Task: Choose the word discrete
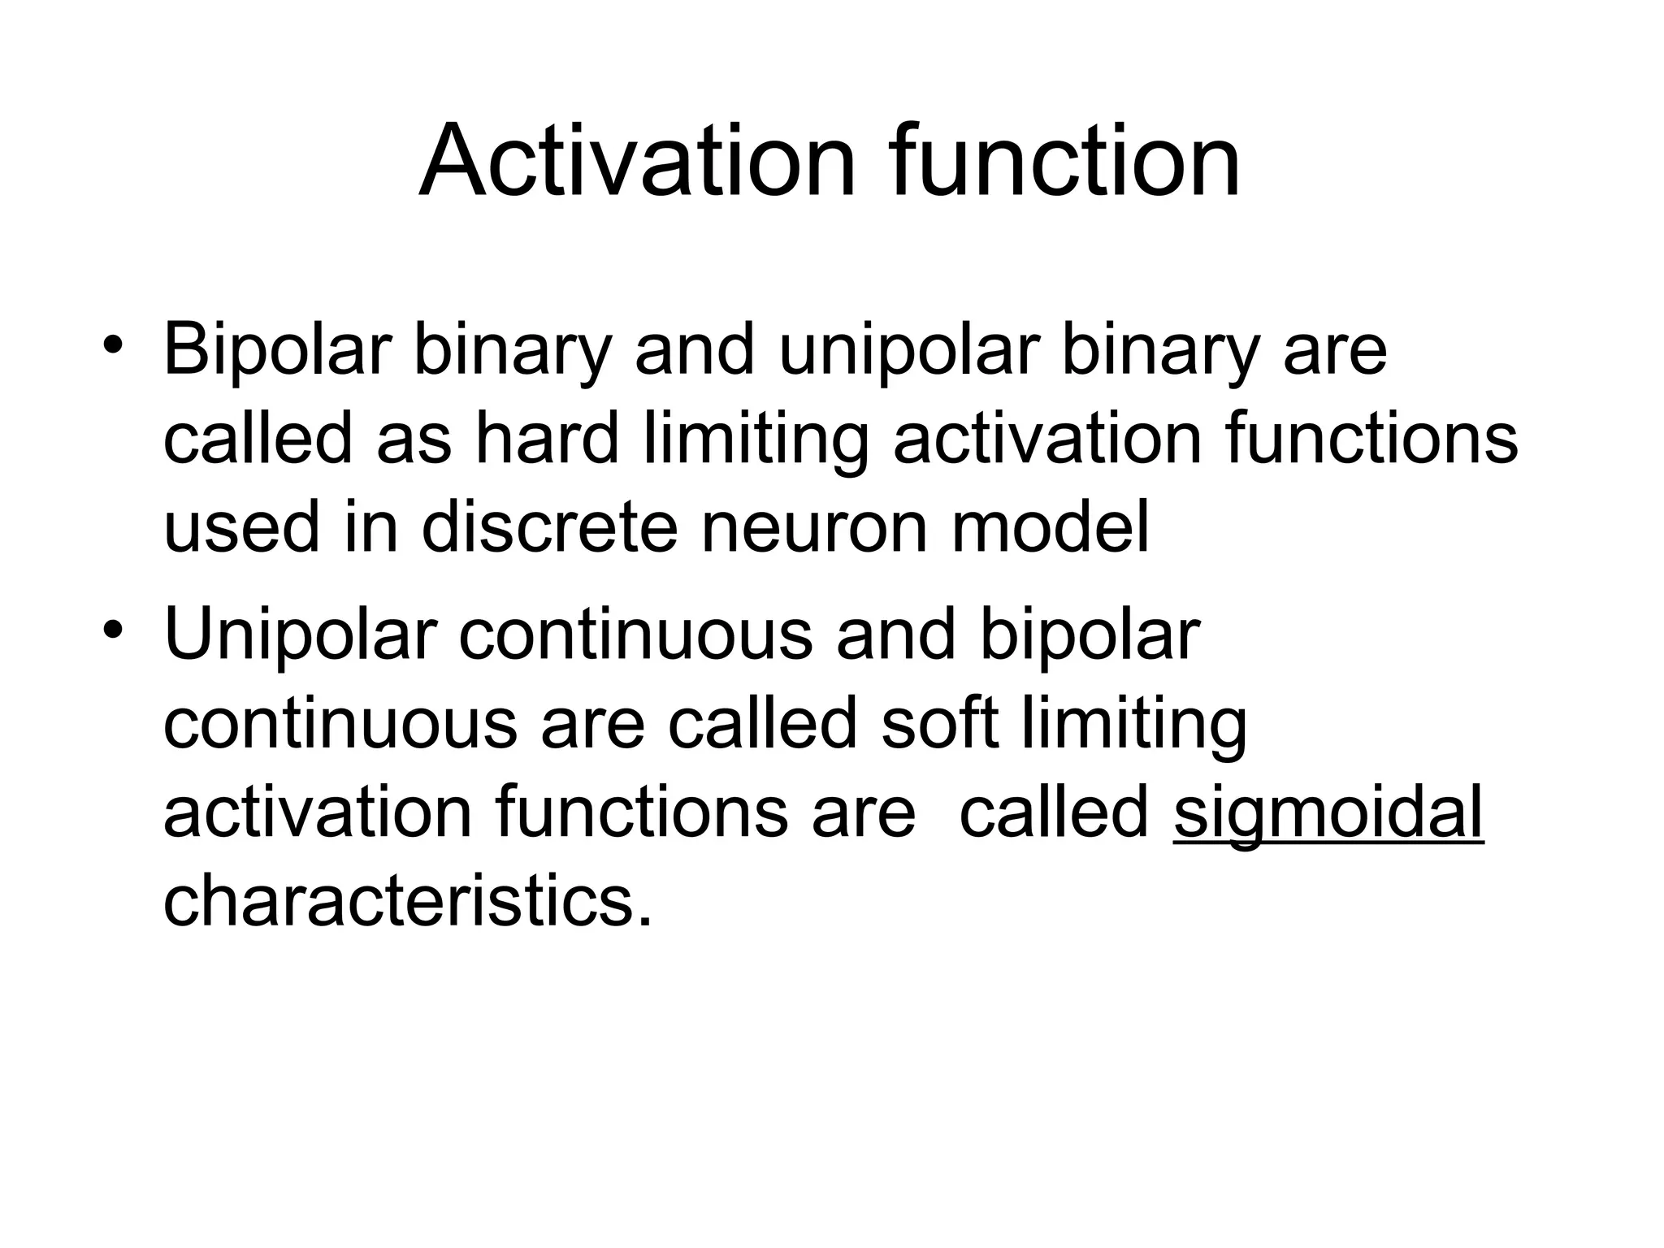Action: click(x=549, y=528)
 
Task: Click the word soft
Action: click(x=938, y=724)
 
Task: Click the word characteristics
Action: click(x=406, y=902)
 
